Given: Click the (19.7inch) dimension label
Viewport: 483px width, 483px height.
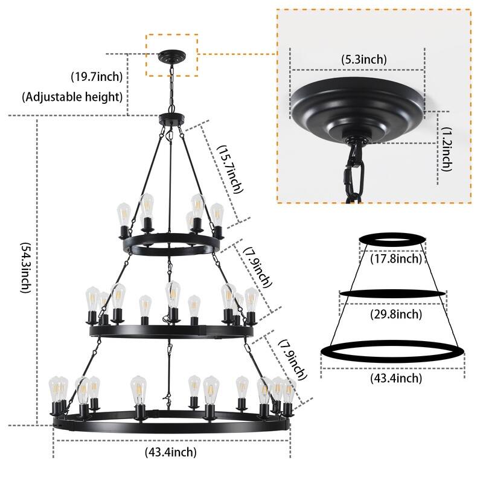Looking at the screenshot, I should [96, 76].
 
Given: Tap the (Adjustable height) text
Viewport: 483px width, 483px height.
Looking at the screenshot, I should [72, 96].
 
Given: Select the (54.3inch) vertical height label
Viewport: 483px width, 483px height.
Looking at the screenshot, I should [25, 268].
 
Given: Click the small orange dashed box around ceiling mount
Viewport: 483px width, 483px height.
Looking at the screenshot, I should [171, 54].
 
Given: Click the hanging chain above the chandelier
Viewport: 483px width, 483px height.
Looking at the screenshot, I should [171, 88].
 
